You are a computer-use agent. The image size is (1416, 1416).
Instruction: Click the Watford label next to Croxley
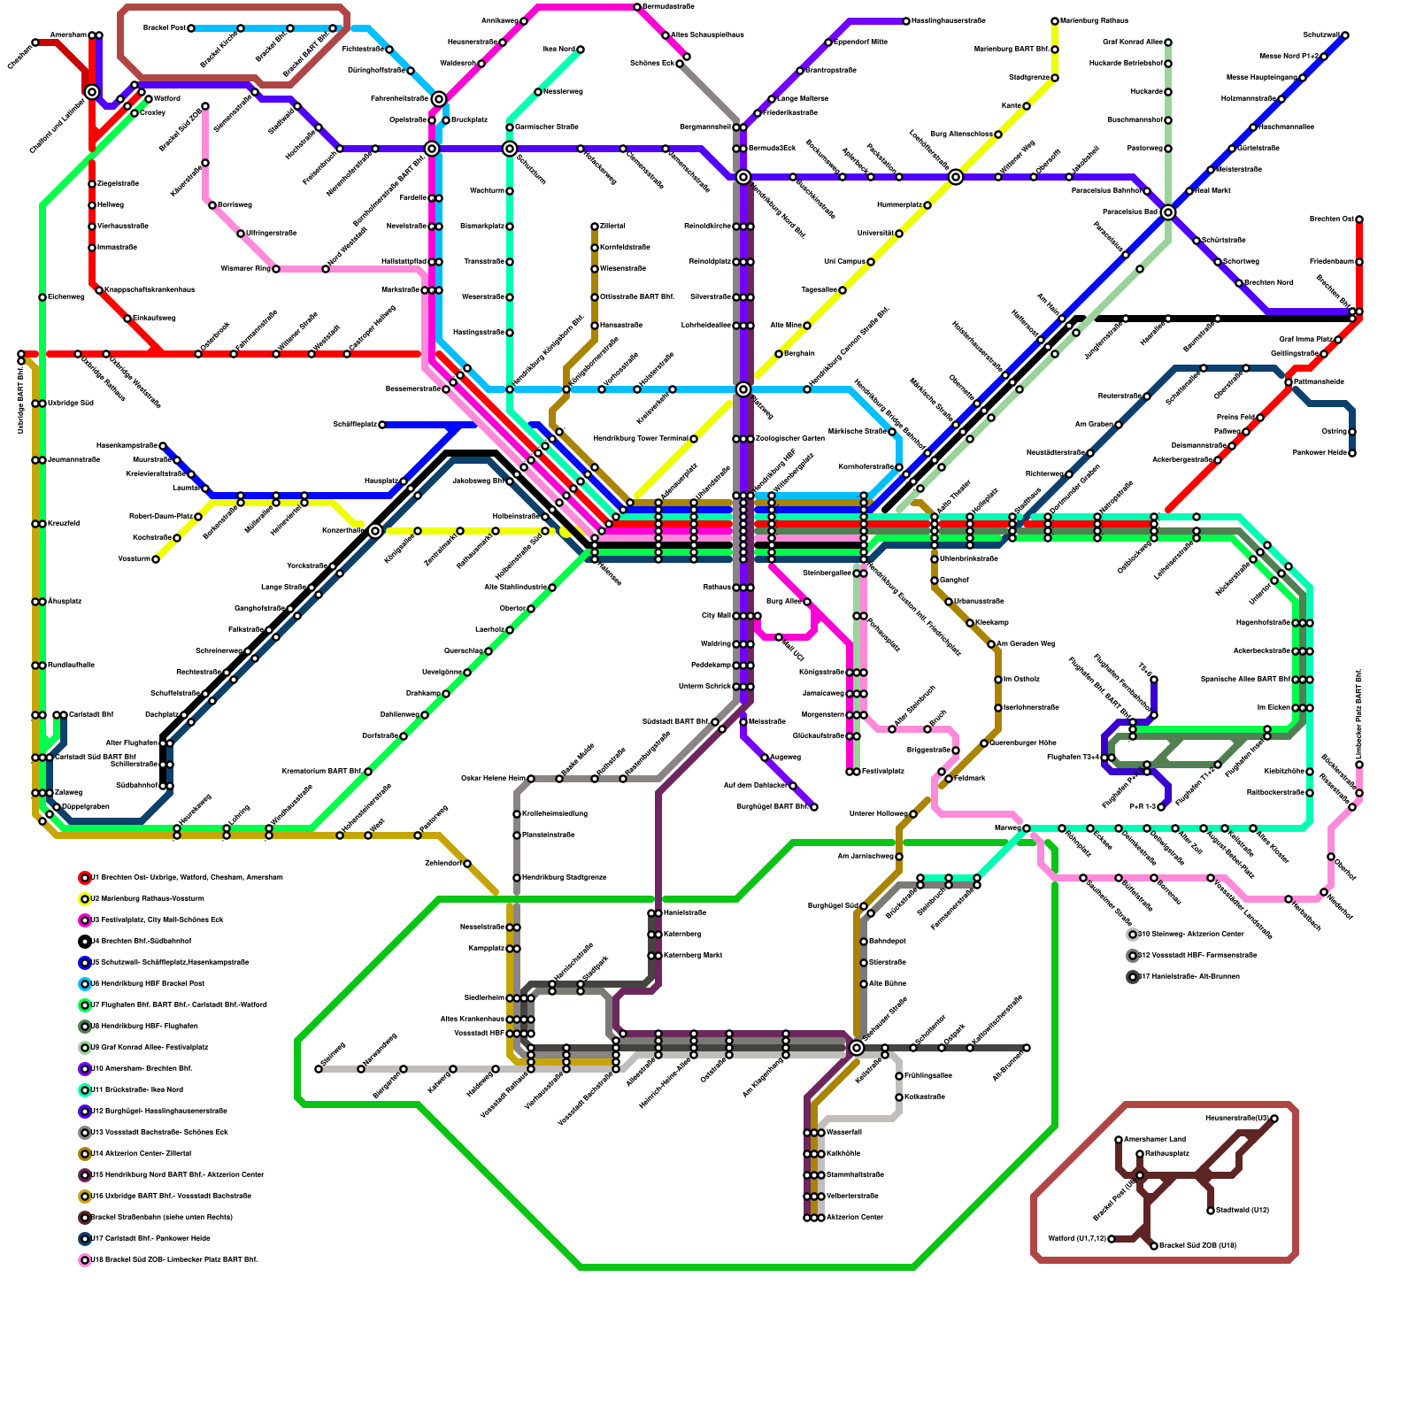(x=167, y=98)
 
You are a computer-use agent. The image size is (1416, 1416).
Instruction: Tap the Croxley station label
(x=153, y=113)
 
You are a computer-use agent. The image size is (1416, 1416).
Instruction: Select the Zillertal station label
(x=612, y=227)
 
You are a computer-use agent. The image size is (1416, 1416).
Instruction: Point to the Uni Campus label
(x=844, y=262)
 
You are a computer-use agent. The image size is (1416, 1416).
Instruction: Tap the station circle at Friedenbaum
(x=1359, y=262)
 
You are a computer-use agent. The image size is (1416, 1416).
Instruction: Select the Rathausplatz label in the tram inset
(x=1167, y=1154)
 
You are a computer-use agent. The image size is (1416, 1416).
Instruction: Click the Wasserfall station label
(x=843, y=1133)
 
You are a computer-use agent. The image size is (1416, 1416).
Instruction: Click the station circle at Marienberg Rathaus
(x=1055, y=21)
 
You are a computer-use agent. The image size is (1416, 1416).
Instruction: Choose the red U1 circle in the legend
(x=85, y=878)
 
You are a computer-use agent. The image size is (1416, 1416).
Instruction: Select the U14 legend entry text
(x=141, y=1154)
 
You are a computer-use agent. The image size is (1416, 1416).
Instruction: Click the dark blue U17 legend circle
(x=85, y=1239)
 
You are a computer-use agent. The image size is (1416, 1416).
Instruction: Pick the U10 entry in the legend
(x=141, y=1069)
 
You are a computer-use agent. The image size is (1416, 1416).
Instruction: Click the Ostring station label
(x=1334, y=432)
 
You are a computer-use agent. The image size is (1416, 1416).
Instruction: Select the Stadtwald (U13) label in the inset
(x=1243, y=1211)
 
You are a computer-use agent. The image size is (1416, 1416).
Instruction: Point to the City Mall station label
(x=716, y=616)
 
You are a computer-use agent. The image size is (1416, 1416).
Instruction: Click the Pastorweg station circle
(x=1168, y=149)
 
